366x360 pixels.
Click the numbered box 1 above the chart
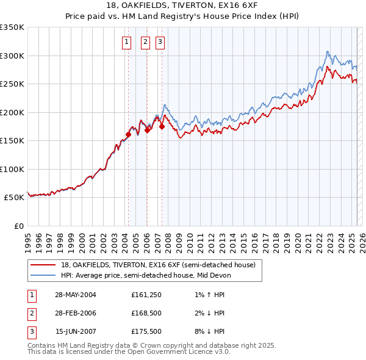[126, 42]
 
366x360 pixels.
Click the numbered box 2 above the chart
[146, 42]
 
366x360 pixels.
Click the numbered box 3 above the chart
[160, 42]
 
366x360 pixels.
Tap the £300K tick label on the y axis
[12, 56]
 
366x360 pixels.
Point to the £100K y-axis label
[12, 169]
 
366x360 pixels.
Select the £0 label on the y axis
[18, 226]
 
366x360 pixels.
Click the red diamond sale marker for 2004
[129, 135]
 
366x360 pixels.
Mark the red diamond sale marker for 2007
[162, 127]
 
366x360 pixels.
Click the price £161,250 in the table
[145, 295]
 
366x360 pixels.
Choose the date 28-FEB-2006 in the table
[76, 313]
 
